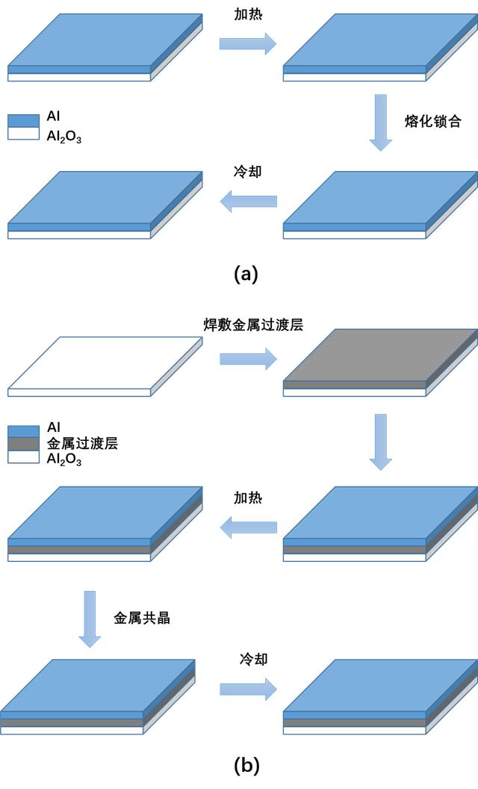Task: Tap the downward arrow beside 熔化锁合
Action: click(x=381, y=123)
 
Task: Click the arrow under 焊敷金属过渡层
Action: click(x=248, y=359)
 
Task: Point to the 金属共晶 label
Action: click(x=142, y=619)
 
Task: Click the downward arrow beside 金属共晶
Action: click(x=90, y=619)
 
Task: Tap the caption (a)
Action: click(x=246, y=273)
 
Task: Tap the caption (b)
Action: click(x=246, y=765)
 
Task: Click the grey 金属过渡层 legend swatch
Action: click(x=23, y=444)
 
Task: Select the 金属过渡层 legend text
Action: click(x=82, y=443)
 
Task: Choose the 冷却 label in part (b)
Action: click(x=253, y=659)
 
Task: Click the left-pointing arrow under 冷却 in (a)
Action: click(x=248, y=201)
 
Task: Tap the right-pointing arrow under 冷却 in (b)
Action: click(x=248, y=690)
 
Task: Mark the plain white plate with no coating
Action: click(x=105, y=366)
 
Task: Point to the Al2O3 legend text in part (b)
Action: click(x=64, y=459)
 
